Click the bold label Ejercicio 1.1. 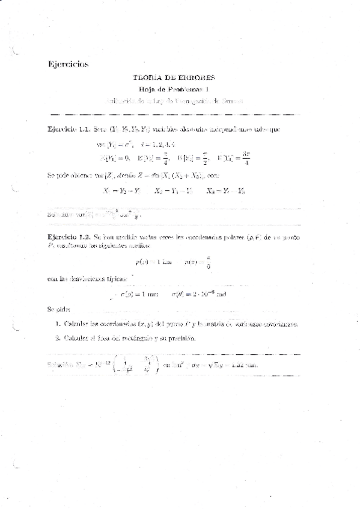68,129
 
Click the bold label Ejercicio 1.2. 68,237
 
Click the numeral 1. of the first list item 56,324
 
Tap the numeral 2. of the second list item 56,338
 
